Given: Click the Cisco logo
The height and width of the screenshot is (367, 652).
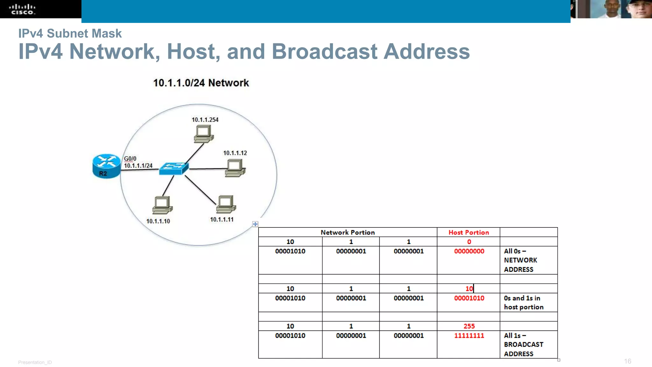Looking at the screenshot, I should pos(22,9).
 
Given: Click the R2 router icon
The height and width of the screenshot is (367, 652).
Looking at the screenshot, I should pos(106,166).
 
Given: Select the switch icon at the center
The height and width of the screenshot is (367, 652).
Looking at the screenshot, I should pos(174,168).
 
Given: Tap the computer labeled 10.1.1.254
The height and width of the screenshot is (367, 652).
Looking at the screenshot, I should pos(203,133).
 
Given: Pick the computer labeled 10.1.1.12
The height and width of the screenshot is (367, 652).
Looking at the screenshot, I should pos(235,168).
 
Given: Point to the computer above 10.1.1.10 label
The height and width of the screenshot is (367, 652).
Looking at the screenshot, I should pos(162,205).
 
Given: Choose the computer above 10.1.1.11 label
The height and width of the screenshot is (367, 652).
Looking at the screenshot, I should pos(226,204).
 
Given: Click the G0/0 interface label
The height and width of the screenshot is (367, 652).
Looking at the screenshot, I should pos(130,159).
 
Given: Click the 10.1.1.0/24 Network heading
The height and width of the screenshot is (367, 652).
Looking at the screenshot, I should pos(201,83).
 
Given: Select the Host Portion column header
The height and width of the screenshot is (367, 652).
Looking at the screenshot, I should pos(469,233).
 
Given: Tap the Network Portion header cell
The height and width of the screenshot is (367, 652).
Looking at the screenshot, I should pos(348,233).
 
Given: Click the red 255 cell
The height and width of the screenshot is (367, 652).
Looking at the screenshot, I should pos(469,326).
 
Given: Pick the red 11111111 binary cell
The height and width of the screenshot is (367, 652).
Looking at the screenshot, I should pos(469,335).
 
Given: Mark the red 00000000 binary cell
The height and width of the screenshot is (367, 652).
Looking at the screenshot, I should pos(469,251).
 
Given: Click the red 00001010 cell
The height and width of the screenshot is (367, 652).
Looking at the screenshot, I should pos(469,298).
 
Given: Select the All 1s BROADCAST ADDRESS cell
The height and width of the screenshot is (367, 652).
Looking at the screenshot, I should pos(523,344).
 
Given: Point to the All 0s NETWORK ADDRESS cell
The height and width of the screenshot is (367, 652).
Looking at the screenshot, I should pos(520,260).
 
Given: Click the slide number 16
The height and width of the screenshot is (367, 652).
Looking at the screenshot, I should pos(627,361).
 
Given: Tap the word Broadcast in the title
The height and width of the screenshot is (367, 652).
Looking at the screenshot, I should pos(324,52).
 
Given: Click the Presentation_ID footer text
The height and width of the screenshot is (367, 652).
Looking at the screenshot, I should pos(35,362).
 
